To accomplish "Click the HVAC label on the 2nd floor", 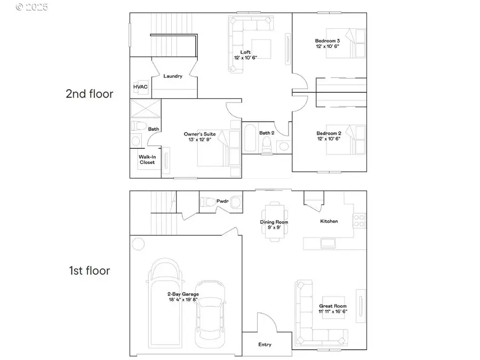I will point(140,87).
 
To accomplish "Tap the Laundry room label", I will point(173,76).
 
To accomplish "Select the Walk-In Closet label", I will point(147,159).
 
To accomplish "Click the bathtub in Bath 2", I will point(251,138).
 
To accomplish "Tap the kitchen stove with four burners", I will point(360,219).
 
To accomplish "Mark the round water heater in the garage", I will point(138,244).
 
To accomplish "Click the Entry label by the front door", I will point(265,345).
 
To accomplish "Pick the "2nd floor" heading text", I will point(89,94).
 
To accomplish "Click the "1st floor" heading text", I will point(89,271).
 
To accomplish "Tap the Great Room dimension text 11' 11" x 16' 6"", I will point(333,311).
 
